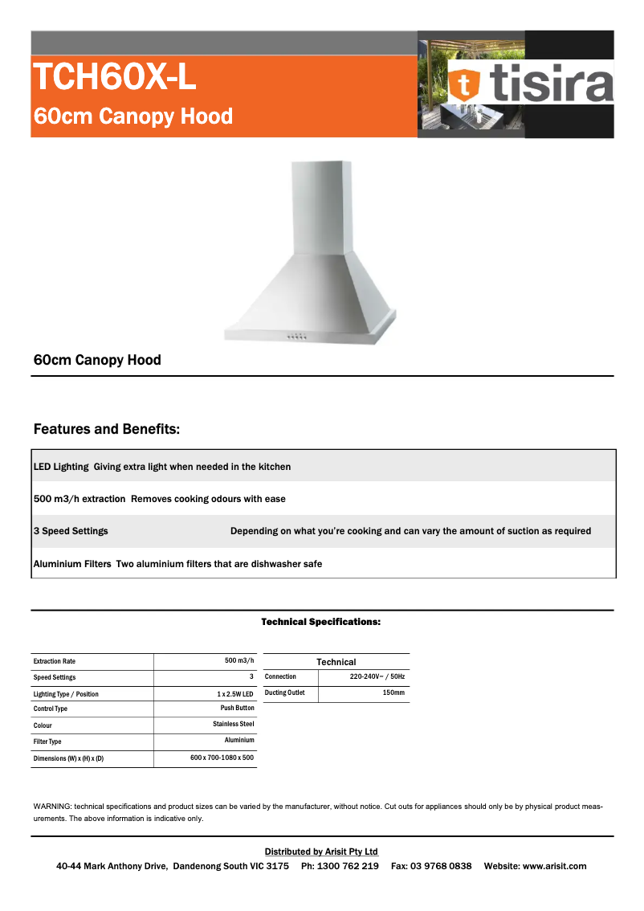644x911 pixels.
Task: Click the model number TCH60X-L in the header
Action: click(114, 78)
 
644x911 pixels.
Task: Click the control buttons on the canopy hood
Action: click(296, 337)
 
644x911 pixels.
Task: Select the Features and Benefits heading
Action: click(107, 429)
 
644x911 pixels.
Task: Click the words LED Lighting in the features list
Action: click(60, 467)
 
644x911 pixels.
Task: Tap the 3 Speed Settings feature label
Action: click(71, 531)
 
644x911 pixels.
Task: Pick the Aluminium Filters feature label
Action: click(72, 564)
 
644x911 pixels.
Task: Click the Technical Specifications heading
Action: click(320, 622)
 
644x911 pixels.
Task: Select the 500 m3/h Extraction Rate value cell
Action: click(239, 661)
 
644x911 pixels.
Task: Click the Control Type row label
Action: click(51, 709)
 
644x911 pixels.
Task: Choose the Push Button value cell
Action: click(237, 709)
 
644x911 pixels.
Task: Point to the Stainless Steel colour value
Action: click(233, 725)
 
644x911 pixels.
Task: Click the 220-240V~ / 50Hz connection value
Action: click(377, 677)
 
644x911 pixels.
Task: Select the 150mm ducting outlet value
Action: click(393, 692)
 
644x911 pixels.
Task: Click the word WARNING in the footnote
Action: click(51, 806)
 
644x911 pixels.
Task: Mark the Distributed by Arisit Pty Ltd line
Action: click(321, 852)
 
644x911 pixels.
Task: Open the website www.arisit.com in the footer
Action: click(554, 866)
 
